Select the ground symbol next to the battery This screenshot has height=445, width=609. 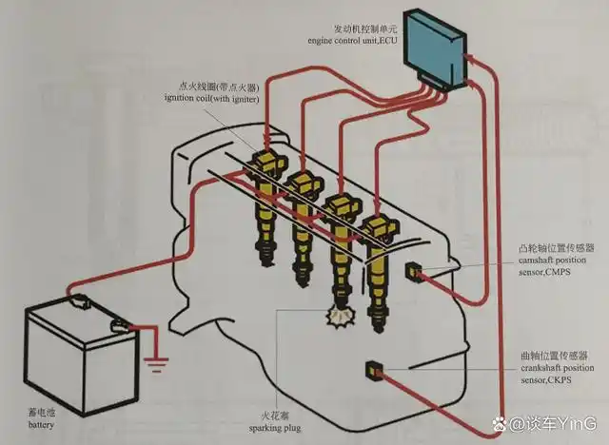[x=155, y=361]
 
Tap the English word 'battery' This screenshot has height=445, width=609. [x=42, y=425]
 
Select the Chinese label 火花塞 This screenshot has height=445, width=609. [x=283, y=416]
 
